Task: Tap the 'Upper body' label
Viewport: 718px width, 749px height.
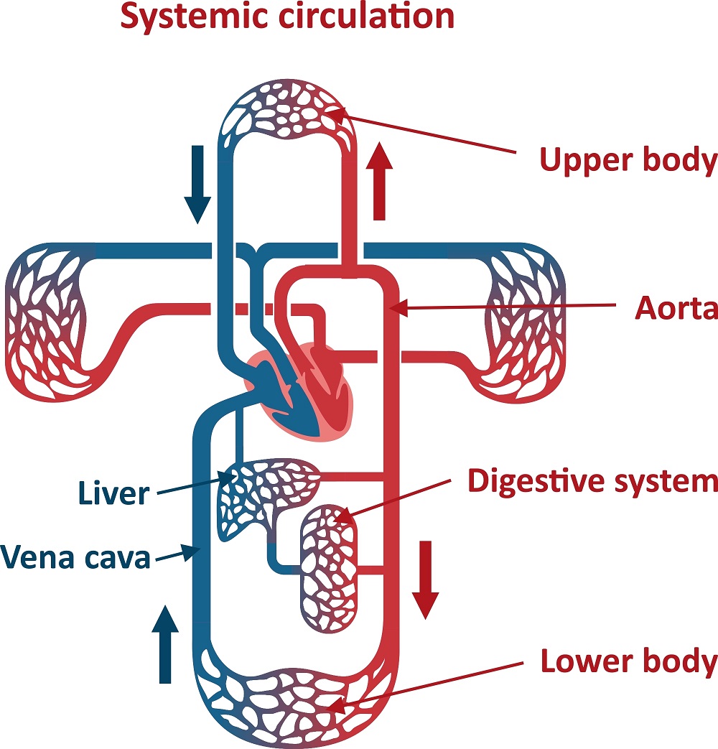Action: [628, 161]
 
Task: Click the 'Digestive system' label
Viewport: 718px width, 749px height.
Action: [592, 480]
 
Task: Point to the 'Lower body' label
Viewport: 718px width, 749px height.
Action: [628, 661]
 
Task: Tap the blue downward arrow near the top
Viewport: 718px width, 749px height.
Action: [197, 183]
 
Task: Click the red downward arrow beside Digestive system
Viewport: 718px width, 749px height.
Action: [426, 579]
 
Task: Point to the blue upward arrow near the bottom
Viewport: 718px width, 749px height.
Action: [166, 643]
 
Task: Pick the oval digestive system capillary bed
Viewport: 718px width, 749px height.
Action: [328, 567]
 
